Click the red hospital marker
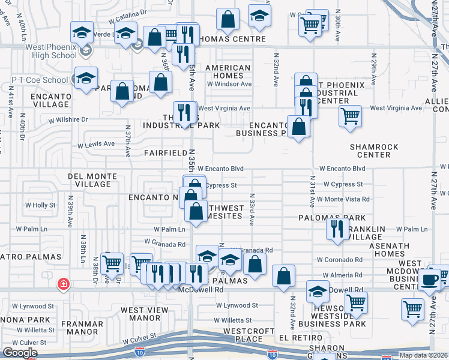click(x=63, y=283)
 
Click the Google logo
click(x=20, y=353)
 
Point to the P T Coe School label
click(x=40, y=80)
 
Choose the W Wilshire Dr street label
click(x=68, y=120)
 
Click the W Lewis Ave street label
click(x=96, y=144)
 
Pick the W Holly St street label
click(x=40, y=205)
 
